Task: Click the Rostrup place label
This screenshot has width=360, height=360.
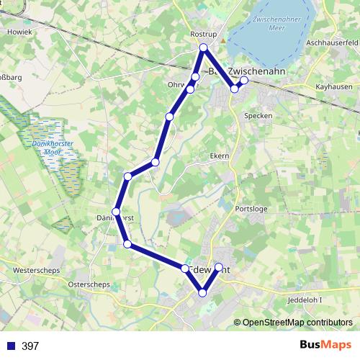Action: coord(203,33)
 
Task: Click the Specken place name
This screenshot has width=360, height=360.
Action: coord(258,115)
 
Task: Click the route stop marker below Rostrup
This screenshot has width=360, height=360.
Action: coord(204,48)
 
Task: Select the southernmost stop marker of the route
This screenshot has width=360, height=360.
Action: coord(203,292)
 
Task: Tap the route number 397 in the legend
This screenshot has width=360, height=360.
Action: coord(30,346)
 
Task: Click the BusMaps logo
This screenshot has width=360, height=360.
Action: coord(320,345)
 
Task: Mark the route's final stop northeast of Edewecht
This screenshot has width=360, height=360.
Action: coord(219,267)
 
